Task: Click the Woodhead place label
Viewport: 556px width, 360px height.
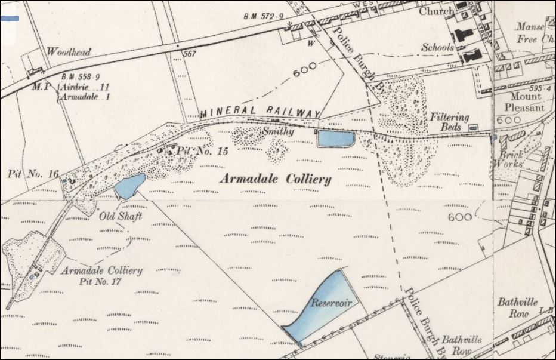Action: [69, 52]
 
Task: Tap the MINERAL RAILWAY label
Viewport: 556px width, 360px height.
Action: [261, 112]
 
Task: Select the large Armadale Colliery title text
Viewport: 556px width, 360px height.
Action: [276, 179]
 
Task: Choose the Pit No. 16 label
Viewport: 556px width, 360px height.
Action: [33, 174]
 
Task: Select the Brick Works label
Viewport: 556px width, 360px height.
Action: [511, 159]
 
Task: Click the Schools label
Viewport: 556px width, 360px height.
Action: [438, 47]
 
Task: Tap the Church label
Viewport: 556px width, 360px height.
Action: [436, 11]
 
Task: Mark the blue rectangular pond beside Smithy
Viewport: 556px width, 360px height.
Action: [336, 139]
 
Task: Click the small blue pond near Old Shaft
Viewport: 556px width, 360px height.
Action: [130, 186]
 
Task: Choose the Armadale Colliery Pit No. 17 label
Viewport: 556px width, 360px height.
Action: [102, 275]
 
